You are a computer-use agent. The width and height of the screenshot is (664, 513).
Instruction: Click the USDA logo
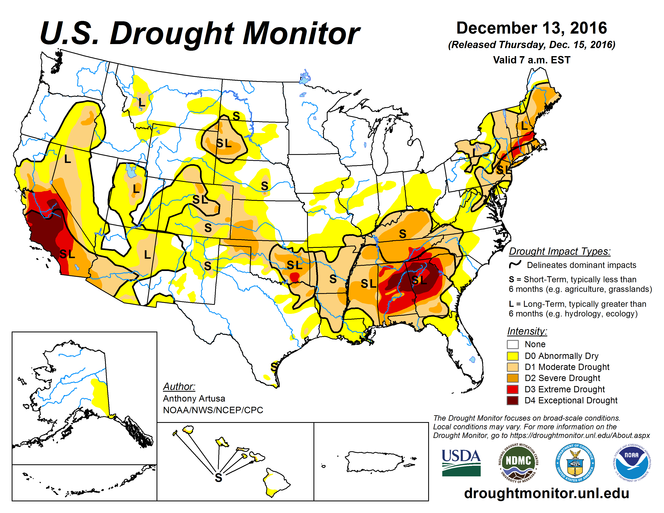(461, 463)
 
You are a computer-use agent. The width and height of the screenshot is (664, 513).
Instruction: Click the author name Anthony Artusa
(194, 398)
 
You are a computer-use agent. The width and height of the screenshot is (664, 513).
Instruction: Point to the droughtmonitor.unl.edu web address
(546, 493)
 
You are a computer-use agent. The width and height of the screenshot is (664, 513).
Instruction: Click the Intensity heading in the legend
(527, 331)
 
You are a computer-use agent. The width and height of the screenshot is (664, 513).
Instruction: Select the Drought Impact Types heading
(559, 251)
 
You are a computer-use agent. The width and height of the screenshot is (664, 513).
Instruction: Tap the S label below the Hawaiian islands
(218, 477)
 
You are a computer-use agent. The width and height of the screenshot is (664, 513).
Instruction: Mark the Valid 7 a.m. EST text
(531, 60)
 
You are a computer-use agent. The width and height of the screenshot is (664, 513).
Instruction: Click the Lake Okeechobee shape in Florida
(472, 360)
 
